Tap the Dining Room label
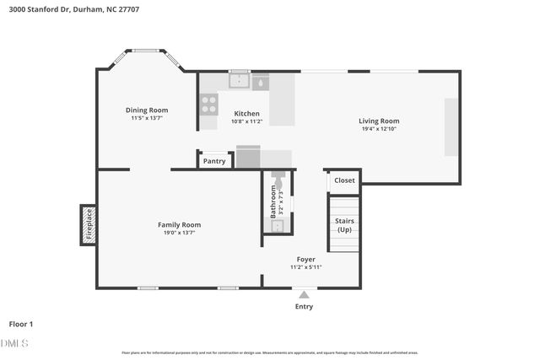tap(147, 110)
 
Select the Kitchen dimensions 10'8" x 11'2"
tap(246, 121)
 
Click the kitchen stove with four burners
tap(208, 105)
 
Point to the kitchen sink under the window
tap(240, 82)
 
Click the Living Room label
tap(379, 121)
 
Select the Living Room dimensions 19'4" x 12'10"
tap(379, 129)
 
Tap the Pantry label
tap(214, 160)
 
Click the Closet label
tap(344, 180)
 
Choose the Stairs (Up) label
tap(344, 225)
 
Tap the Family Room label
tap(180, 224)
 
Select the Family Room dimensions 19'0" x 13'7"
tap(180, 233)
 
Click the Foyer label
tap(305, 259)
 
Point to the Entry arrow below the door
tap(304, 295)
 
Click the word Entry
tap(304, 306)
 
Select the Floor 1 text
tap(20, 324)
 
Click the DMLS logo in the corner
tap(15, 343)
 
